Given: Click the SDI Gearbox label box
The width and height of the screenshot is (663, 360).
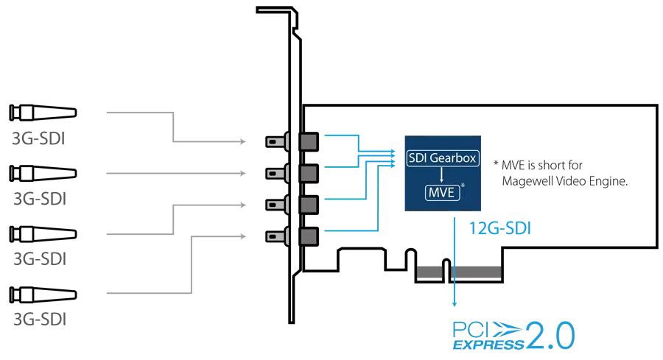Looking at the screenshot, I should tap(441, 158).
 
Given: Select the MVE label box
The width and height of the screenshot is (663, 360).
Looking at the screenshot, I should tap(440, 193).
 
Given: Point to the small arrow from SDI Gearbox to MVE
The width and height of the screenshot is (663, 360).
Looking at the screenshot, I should tap(441, 175).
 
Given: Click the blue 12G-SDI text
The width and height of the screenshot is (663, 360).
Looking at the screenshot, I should tap(500, 229).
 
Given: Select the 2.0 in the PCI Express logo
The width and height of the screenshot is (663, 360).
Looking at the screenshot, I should tap(552, 336).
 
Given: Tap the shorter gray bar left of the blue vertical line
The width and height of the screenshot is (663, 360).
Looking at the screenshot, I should tap(429, 272).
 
